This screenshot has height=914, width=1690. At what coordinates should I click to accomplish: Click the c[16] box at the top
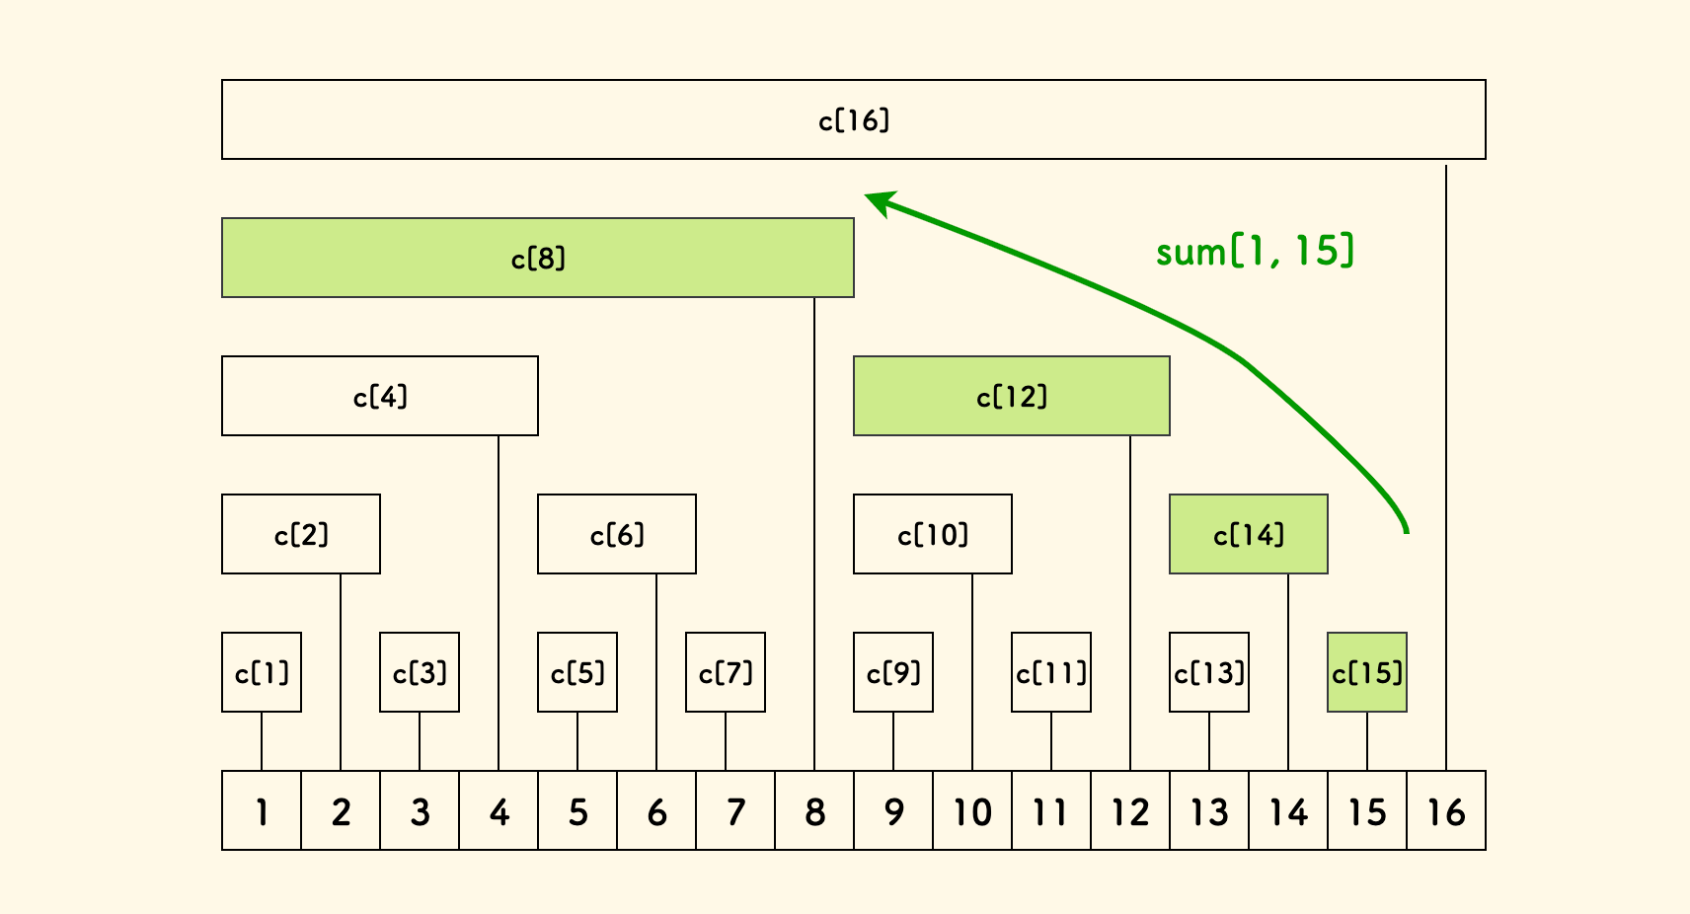(854, 119)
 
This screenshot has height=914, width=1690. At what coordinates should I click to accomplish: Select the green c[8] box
(538, 258)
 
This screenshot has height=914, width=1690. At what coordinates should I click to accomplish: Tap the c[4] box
(380, 396)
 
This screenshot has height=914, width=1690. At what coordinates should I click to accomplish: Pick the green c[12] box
(1012, 396)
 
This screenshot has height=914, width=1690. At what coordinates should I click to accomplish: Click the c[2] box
(301, 534)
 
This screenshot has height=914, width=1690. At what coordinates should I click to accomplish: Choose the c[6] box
(617, 534)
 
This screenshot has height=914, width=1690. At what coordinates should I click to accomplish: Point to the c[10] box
(933, 534)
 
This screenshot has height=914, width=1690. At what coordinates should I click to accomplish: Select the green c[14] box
(1249, 534)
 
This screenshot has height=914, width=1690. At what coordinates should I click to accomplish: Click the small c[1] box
(262, 672)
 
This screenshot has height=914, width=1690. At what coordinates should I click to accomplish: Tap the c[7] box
(726, 672)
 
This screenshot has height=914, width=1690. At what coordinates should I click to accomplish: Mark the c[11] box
(1051, 672)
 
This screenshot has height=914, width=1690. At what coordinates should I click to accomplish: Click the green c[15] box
(1367, 672)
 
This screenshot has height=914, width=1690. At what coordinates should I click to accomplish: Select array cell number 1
(262, 810)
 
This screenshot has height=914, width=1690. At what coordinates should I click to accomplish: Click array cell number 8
(814, 810)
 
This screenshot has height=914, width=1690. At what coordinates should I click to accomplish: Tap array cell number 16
(1446, 810)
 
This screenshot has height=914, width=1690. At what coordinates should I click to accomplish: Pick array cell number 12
(1130, 810)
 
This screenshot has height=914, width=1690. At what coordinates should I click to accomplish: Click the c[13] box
(1209, 672)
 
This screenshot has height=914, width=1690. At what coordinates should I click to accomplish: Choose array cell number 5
(577, 810)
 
